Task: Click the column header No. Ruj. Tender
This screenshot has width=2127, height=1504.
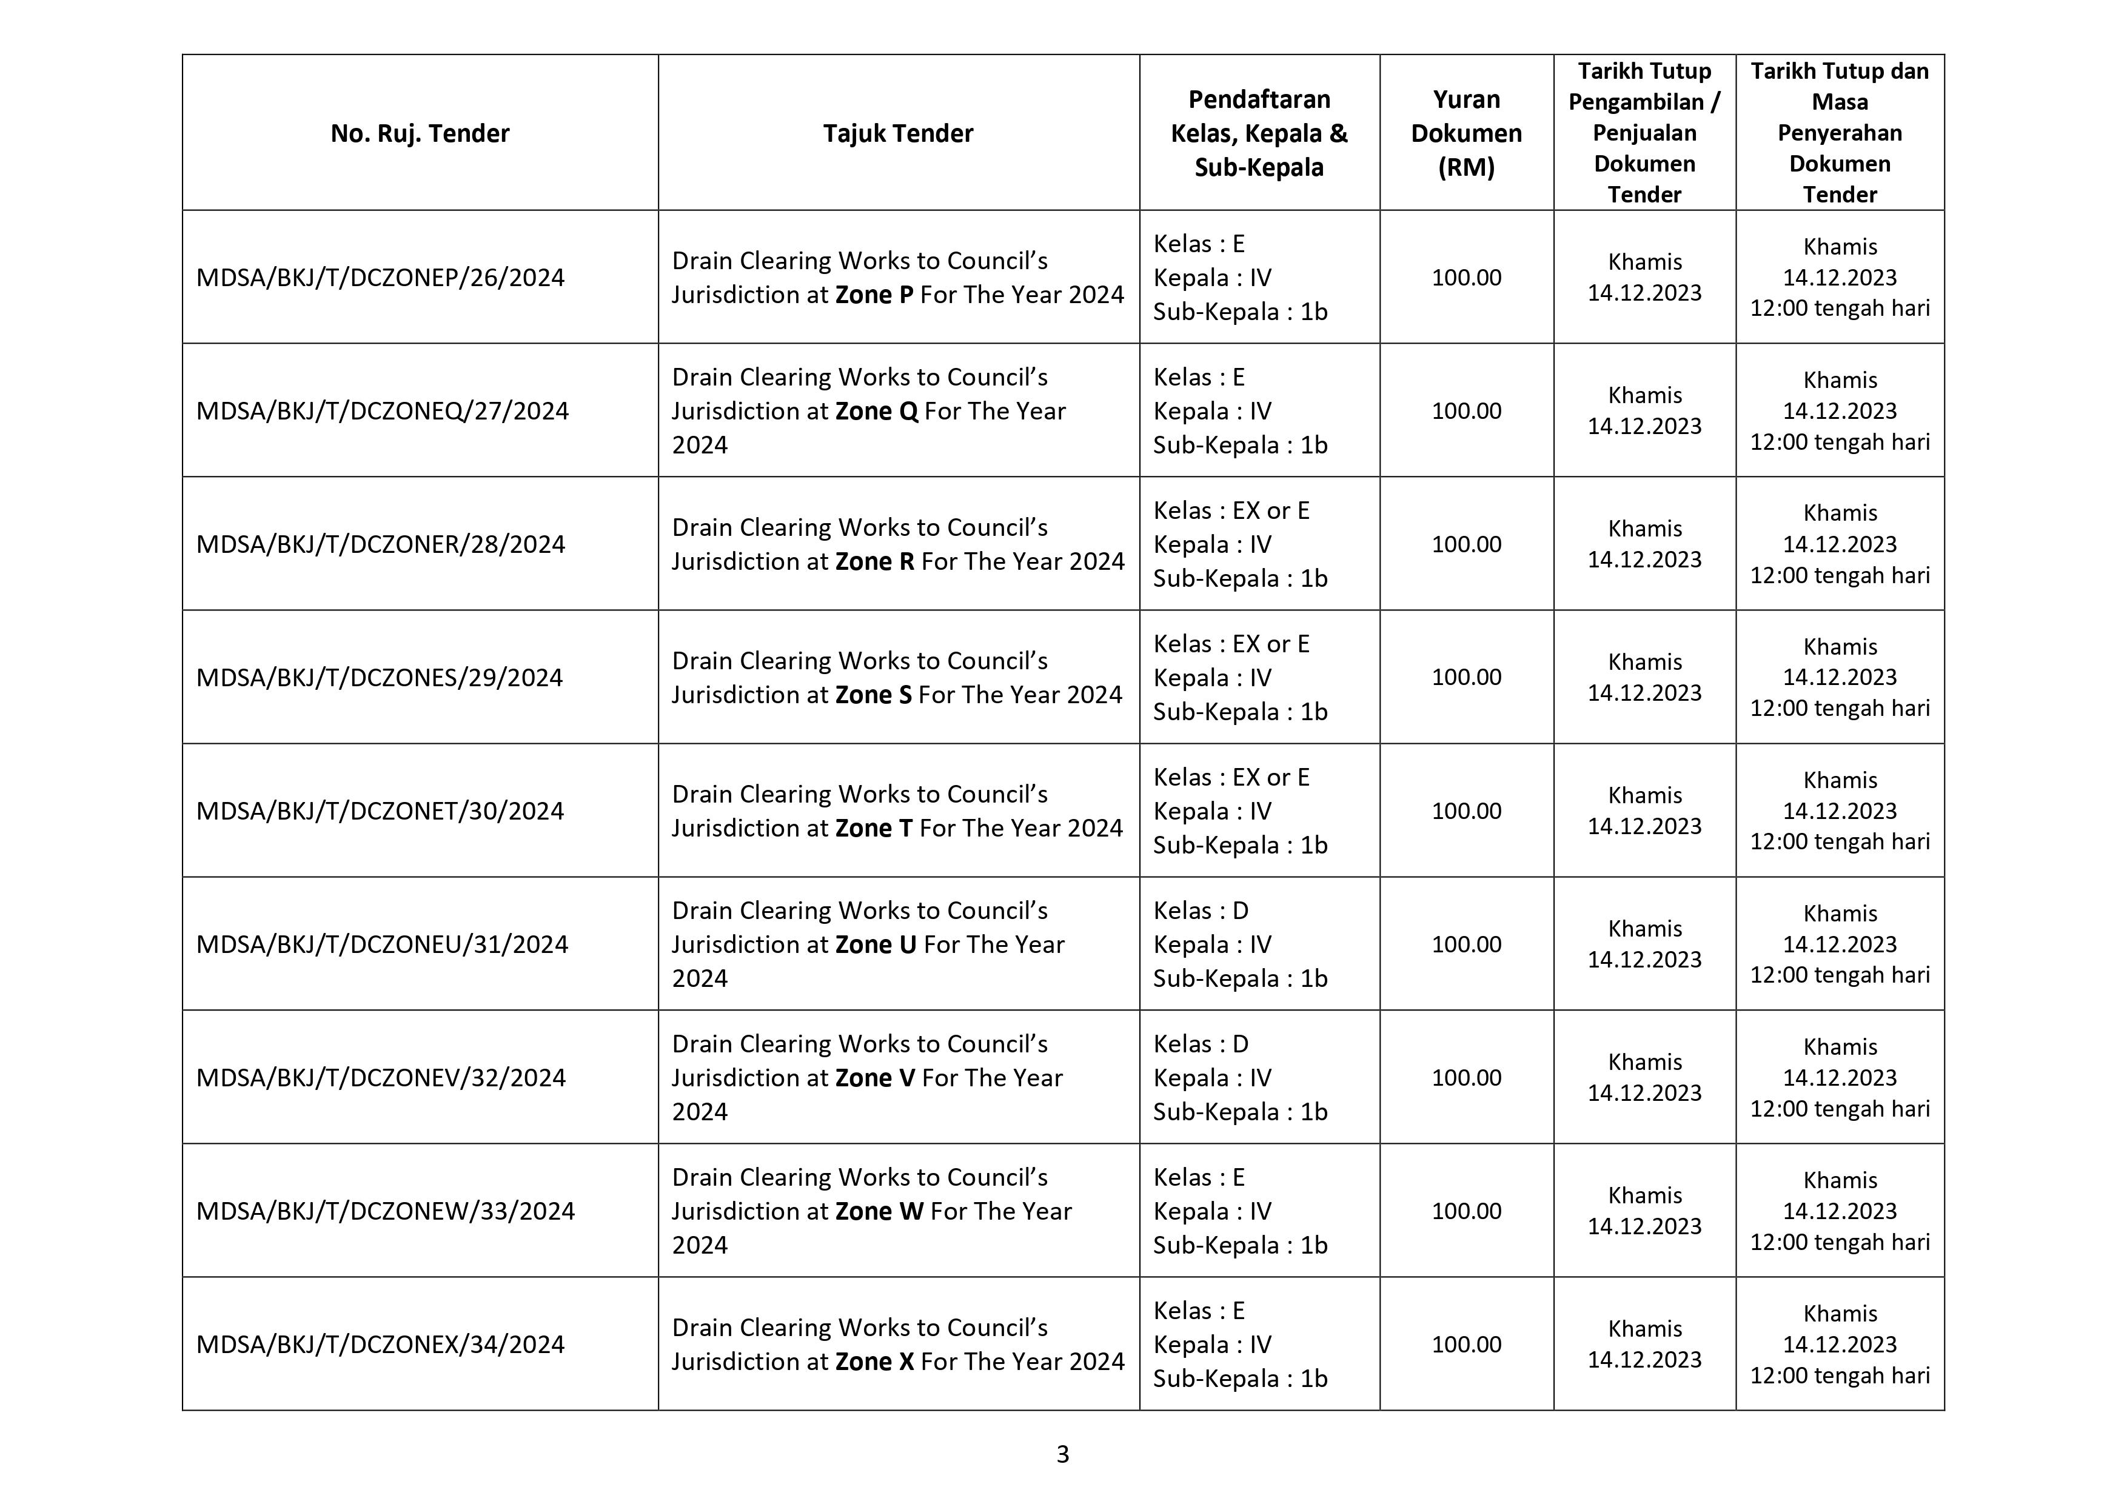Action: coord(420,133)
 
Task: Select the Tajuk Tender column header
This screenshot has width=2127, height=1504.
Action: coord(898,133)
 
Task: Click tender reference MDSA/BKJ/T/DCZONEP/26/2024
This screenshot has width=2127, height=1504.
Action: coord(380,278)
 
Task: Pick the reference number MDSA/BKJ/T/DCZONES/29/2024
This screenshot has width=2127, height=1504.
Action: coord(379,678)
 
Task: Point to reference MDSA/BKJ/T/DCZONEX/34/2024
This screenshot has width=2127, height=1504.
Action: coord(380,1345)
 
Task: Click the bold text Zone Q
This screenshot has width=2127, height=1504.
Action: coord(876,411)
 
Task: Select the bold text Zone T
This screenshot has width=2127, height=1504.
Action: coord(874,828)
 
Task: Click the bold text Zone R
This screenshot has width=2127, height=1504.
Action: coord(874,561)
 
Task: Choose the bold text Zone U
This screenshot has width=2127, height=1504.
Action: coord(876,944)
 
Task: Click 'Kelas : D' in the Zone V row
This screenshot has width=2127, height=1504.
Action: coord(1201,1044)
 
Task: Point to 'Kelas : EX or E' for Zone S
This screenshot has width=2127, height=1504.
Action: coord(1231,644)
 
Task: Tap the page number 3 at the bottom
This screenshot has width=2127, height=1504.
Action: coord(1062,1454)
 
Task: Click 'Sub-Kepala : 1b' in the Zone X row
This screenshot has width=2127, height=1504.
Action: coord(1239,1378)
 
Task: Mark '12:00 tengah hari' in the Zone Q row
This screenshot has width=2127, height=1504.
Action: coord(1839,442)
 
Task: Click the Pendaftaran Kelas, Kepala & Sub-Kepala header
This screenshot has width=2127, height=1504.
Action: coord(1259,133)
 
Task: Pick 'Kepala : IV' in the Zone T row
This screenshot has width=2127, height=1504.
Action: coord(1211,811)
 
